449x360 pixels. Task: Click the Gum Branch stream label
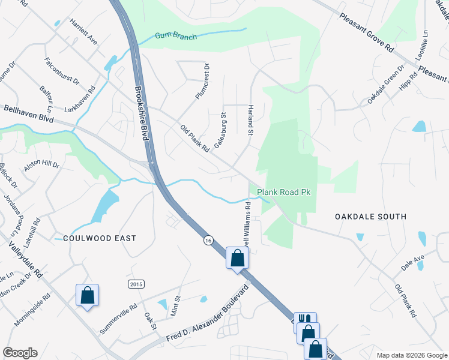[x=176, y=37]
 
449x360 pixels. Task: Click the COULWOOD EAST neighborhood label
[x=100, y=238]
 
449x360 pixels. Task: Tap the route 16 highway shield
[x=208, y=239]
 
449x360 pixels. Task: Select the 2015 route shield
[x=136, y=283]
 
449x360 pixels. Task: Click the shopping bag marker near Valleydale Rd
[x=87, y=295]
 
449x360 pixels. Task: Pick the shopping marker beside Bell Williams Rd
[x=238, y=259]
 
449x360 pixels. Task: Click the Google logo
[x=20, y=353]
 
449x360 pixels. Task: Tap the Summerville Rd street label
[x=119, y=318]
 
